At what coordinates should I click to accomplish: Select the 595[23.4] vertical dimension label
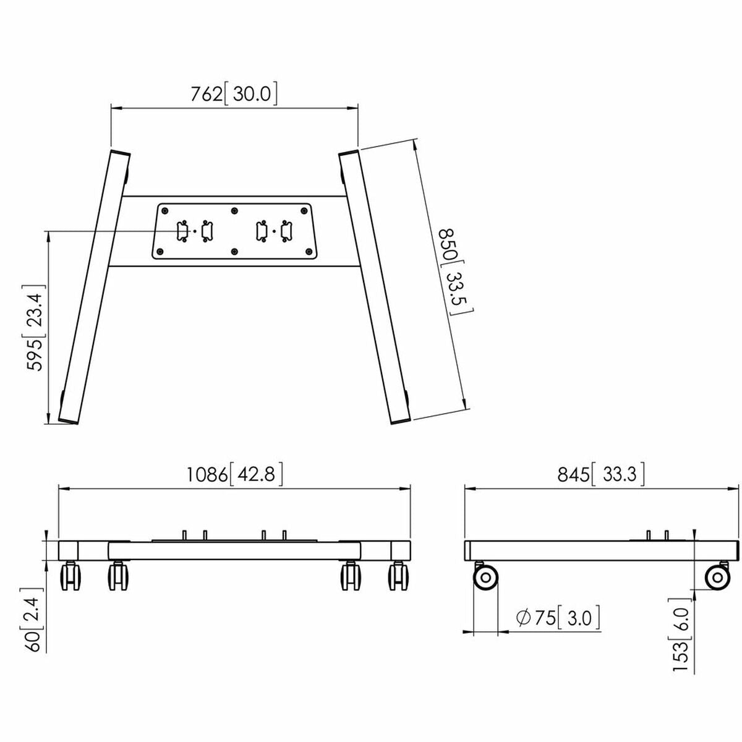(x=35, y=328)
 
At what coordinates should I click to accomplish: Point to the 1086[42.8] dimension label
(x=234, y=474)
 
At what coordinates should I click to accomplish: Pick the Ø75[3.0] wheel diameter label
(x=556, y=618)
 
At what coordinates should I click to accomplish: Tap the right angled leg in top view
(x=375, y=288)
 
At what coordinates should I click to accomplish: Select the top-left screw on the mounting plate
(x=164, y=210)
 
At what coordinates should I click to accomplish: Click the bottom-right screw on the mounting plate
(x=307, y=252)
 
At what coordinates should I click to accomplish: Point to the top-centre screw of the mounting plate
(x=234, y=210)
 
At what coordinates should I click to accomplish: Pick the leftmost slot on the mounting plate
(x=183, y=231)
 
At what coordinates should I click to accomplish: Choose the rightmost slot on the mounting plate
(x=286, y=231)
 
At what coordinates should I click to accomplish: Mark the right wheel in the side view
(x=717, y=578)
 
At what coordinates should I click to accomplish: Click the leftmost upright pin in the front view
(x=184, y=534)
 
